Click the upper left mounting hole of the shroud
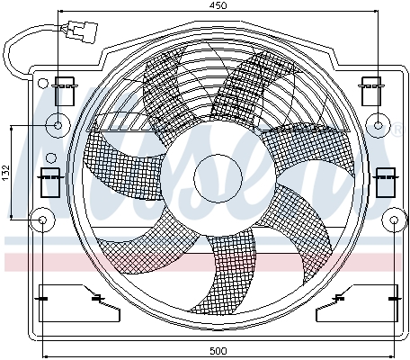tap(58, 125)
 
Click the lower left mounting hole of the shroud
tap(41, 219)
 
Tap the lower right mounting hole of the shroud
tap(395, 219)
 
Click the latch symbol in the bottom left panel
tap(96, 298)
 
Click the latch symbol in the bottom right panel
tap(340, 298)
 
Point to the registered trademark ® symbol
tap(397, 132)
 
